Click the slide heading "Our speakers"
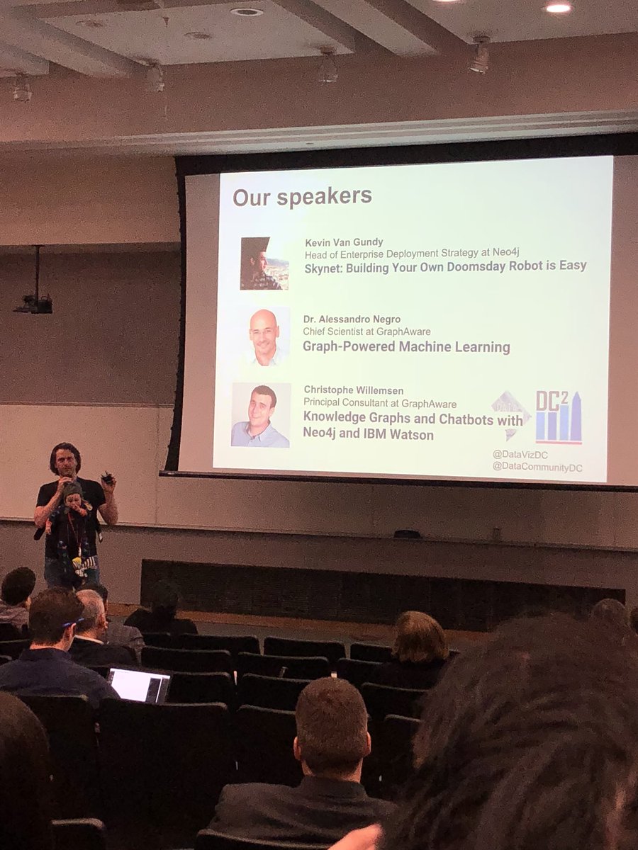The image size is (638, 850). click(303, 196)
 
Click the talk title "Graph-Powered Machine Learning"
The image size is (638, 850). click(406, 346)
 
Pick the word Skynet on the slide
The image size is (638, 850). click(323, 267)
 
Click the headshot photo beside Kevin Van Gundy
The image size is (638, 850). click(264, 263)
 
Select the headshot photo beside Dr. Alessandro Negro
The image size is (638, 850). click(264, 337)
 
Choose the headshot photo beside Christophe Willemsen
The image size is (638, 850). click(261, 415)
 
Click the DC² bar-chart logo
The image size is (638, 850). click(559, 417)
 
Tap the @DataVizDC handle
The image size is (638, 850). click(521, 453)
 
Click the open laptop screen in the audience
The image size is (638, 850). click(139, 685)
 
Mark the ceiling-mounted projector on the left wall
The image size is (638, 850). click(33, 303)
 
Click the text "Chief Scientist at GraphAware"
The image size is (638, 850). click(366, 331)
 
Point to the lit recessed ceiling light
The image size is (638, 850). click(558, 8)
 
